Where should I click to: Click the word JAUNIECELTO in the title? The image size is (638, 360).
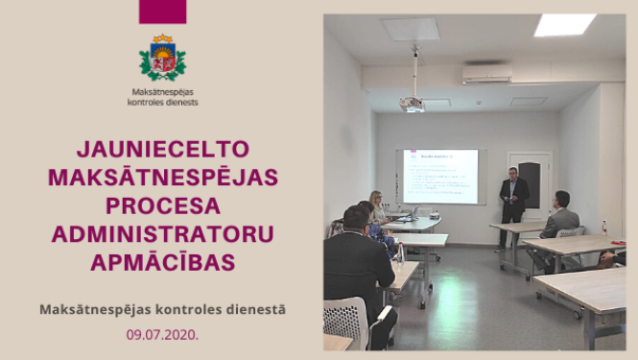click(x=162, y=150)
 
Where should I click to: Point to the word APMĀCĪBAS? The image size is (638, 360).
click(x=162, y=261)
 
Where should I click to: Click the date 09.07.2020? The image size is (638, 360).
click(x=162, y=336)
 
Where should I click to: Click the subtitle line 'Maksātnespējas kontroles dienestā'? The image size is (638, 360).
click(x=162, y=310)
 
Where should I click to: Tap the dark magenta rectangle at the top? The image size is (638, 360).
click(x=162, y=12)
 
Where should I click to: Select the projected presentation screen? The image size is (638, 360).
click(x=440, y=176)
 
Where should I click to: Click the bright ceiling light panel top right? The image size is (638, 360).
click(x=564, y=25)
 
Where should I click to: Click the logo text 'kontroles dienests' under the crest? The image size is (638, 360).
click(x=162, y=101)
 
